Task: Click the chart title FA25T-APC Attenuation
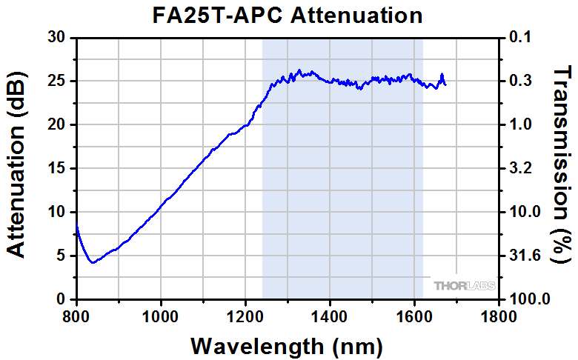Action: [289, 15]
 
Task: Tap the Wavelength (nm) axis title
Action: [288, 345]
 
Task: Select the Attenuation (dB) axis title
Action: [16, 168]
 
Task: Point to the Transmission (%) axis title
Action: [563, 164]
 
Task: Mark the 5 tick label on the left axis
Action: [62, 256]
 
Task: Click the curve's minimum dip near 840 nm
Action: [93, 262]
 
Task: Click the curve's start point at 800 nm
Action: [77, 226]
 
